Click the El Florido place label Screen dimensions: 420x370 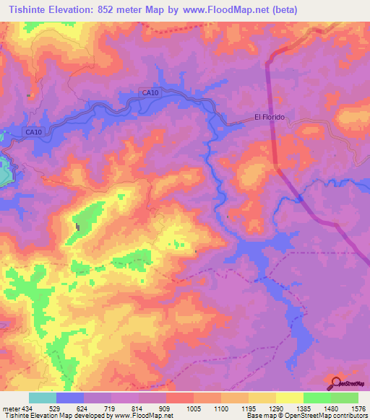270,117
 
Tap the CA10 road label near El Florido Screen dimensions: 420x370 150,92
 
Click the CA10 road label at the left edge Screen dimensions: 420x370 34,132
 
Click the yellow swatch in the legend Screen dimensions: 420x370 289,398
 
